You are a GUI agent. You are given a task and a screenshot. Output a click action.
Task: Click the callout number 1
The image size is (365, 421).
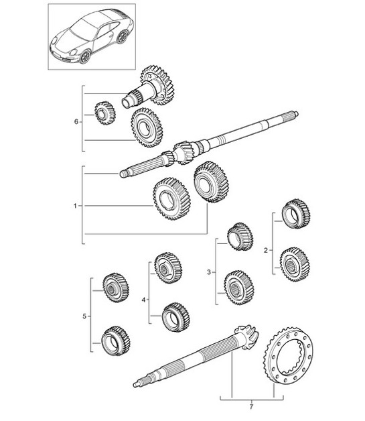coord(76,206)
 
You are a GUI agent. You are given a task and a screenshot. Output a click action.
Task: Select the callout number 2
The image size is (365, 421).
coord(266,250)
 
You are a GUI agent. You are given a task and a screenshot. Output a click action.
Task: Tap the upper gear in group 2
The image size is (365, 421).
coord(295,215)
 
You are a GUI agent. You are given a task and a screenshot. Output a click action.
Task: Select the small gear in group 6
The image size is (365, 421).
coord(103,113)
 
